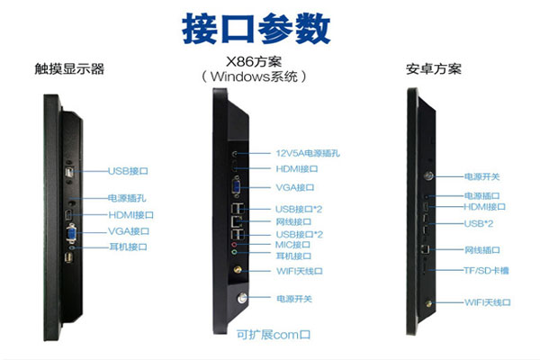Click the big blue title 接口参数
click(x=256, y=28)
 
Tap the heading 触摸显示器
click(x=69, y=69)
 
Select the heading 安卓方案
click(x=434, y=69)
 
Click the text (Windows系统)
click(x=254, y=76)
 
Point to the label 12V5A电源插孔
click(x=308, y=153)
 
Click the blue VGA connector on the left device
click(x=72, y=234)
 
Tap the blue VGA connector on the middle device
click(x=237, y=186)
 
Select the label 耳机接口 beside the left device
click(x=128, y=247)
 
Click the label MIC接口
click(x=292, y=245)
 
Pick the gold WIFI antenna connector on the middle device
click(x=238, y=269)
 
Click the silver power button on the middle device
click(x=242, y=298)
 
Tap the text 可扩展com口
click(x=274, y=334)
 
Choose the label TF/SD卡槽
click(x=486, y=270)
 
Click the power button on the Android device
click(x=428, y=176)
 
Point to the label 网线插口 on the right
click(x=482, y=250)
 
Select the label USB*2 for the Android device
click(x=479, y=223)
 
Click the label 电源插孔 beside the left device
click(x=127, y=198)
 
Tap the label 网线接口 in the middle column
click(x=293, y=221)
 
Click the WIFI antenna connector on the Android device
click(x=428, y=303)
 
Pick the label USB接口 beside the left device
click(x=128, y=171)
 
